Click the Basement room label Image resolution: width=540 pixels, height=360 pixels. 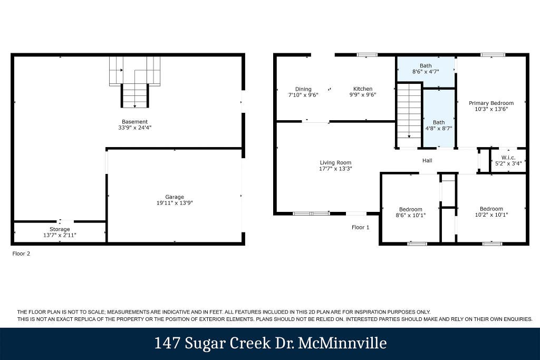pos(134,121)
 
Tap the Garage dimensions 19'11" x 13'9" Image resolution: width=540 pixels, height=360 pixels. pos(175,203)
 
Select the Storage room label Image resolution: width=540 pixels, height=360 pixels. pos(60,229)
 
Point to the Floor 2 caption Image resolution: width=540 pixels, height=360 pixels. pos(21,254)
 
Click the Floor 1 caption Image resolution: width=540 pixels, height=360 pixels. pos(361,227)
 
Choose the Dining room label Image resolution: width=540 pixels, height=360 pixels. pos(303,89)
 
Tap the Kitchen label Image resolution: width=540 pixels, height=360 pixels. pos(363,89)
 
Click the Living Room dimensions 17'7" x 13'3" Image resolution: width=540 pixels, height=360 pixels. pos(335,169)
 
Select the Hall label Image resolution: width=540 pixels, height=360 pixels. pos(427,160)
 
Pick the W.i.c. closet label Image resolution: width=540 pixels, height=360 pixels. pos(508,158)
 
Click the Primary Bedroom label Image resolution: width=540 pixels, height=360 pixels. pos(491,103)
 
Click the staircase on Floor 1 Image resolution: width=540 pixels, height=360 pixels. pos(409,115)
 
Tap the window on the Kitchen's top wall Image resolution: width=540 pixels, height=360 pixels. pos(367,55)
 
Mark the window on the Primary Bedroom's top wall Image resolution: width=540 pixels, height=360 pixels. pos(493,55)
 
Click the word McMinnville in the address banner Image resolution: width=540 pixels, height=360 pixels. pos(342,343)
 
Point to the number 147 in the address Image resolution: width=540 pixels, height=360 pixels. pos(167,343)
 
